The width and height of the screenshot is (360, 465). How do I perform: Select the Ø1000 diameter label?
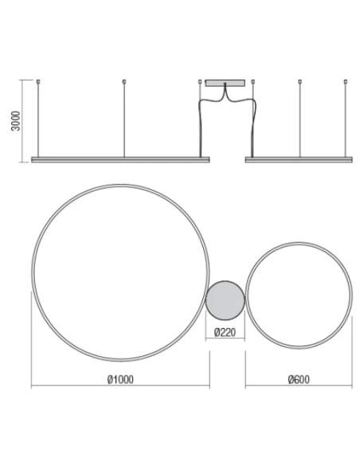(x=119, y=377)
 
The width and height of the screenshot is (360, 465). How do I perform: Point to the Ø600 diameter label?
(x=299, y=377)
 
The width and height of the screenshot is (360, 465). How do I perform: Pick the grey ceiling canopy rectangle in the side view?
(x=226, y=82)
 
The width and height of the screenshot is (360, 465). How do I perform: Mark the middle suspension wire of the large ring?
(x=123, y=119)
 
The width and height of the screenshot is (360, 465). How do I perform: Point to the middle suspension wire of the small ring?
(x=299, y=119)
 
